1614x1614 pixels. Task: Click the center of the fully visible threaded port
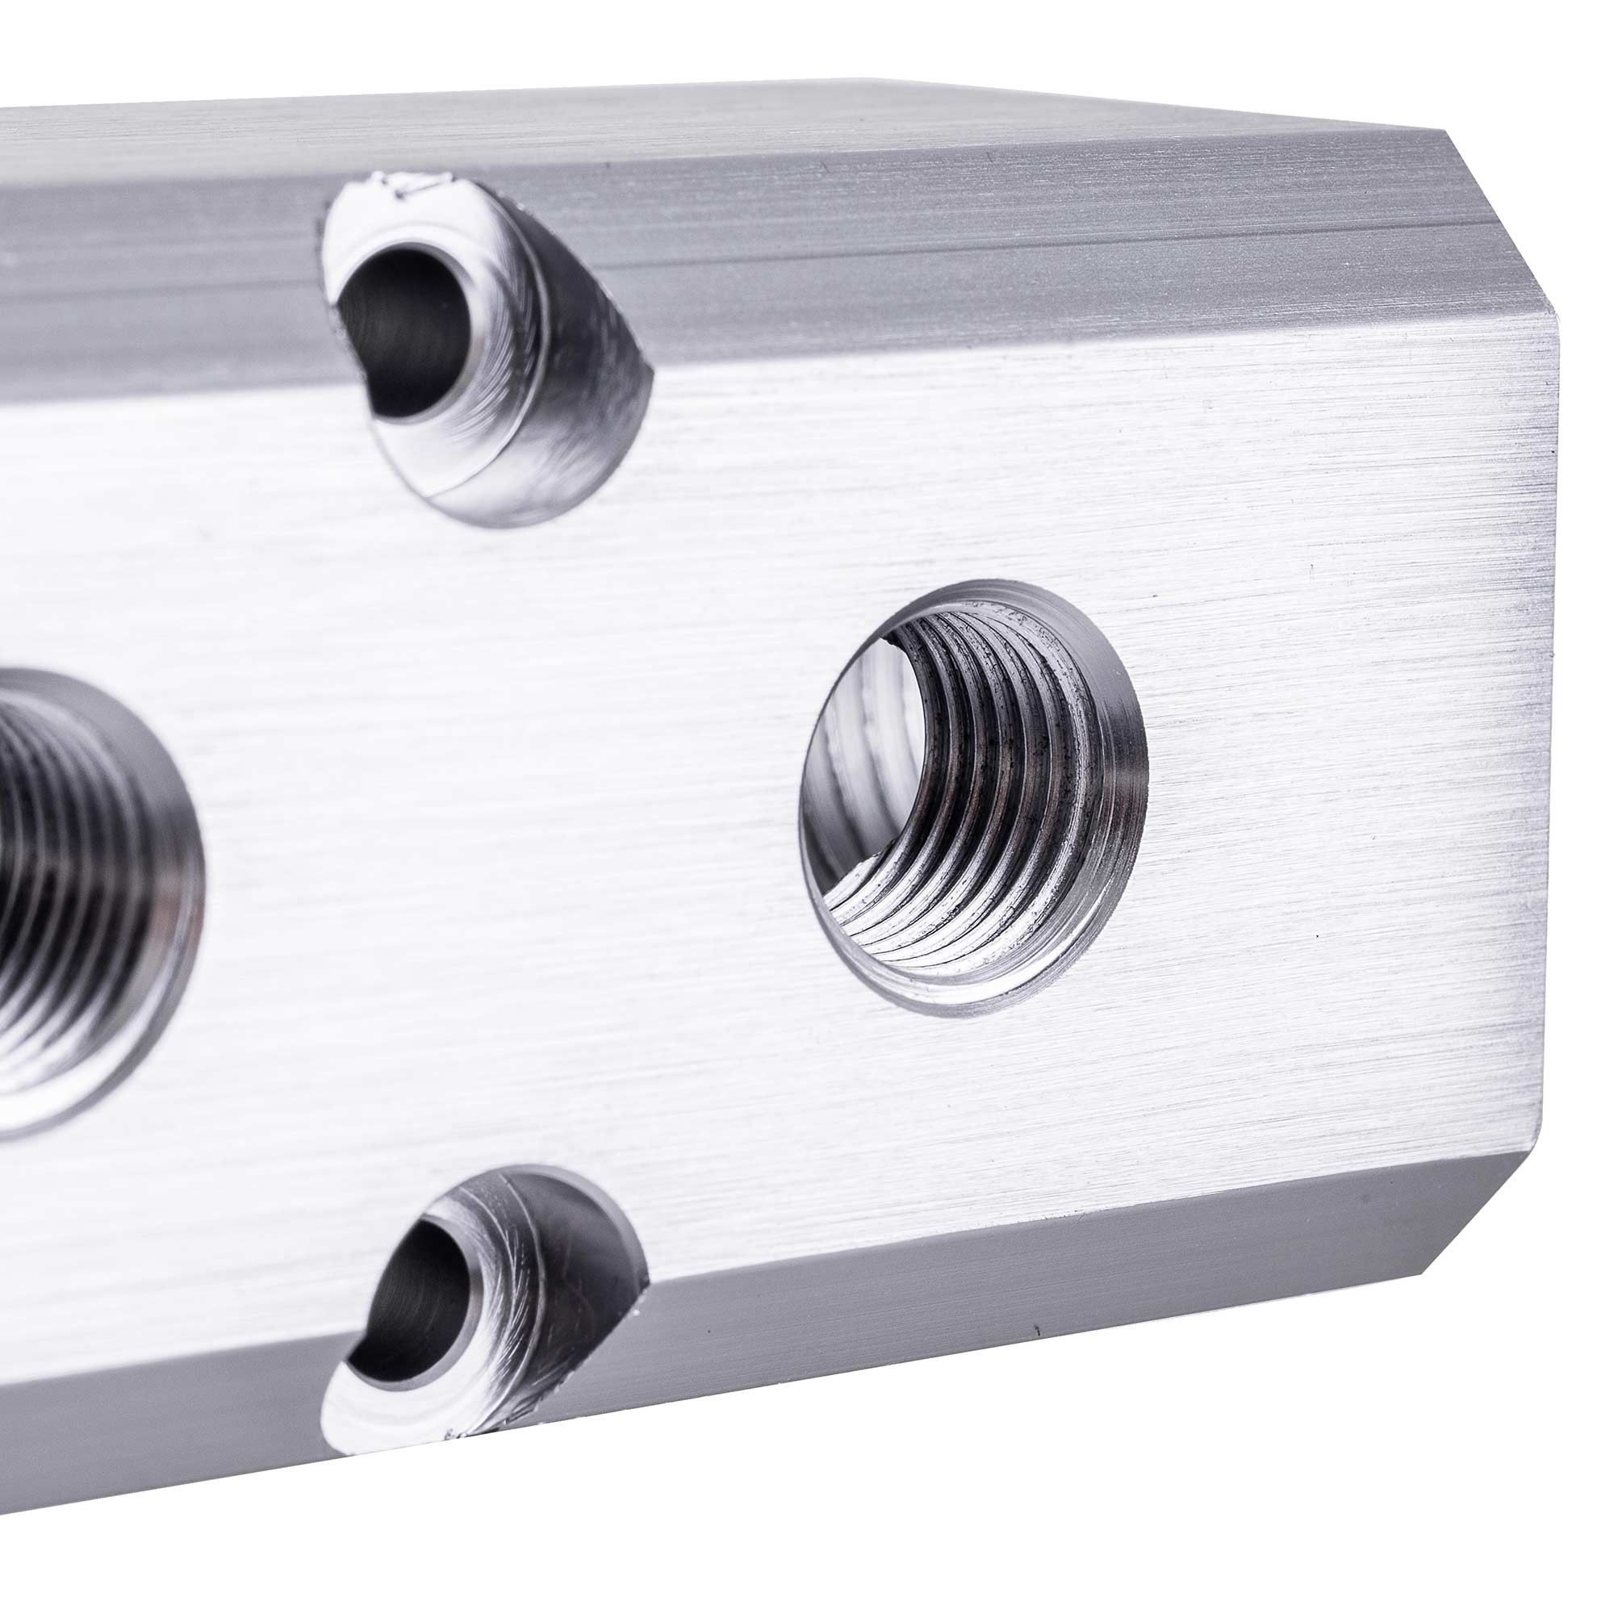tap(973, 798)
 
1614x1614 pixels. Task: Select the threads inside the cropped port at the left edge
tap(50, 902)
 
